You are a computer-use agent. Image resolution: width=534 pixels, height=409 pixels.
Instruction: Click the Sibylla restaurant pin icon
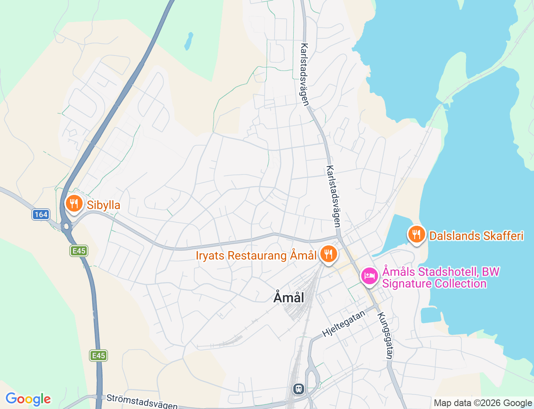tap(74, 204)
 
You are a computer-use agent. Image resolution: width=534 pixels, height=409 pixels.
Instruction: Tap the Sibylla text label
tap(103, 205)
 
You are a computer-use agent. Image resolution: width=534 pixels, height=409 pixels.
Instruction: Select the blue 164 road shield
tap(41, 215)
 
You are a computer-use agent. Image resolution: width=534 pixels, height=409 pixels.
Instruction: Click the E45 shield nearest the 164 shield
tap(79, 251)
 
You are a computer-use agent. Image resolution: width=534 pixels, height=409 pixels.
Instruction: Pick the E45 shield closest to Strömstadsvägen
tap(98, 356)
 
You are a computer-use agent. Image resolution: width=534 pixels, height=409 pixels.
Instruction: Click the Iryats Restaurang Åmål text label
tap(256, 255)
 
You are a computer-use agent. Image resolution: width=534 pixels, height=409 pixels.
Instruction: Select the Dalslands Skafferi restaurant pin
tap(416, 235)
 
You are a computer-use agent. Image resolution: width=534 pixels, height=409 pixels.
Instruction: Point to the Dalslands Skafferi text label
tap(476, 236)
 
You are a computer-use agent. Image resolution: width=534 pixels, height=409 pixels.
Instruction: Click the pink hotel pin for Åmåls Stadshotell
tap(369, 276)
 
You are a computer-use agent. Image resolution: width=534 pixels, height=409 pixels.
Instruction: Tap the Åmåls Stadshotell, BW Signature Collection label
tap(440, 278)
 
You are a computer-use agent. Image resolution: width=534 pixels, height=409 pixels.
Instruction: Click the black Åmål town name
tap(289, 298)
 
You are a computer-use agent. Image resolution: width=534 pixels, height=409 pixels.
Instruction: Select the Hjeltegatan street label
tap(344, 324)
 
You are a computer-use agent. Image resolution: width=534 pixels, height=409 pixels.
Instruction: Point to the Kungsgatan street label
tap(385, 335)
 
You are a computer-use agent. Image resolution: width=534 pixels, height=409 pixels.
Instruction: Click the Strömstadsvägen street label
tap(142, 401)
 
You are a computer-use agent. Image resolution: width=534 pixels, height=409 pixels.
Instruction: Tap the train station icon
tap(298, 389)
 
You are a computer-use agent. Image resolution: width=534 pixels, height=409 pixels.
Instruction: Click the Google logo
tap(28, 399)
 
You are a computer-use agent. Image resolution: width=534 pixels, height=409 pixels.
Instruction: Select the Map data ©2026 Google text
tap(483, 403)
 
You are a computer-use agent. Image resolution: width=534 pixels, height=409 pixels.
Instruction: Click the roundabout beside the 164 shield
tap(66, 227)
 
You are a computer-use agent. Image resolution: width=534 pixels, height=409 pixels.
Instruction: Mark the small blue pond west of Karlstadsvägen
tap(189, 41)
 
